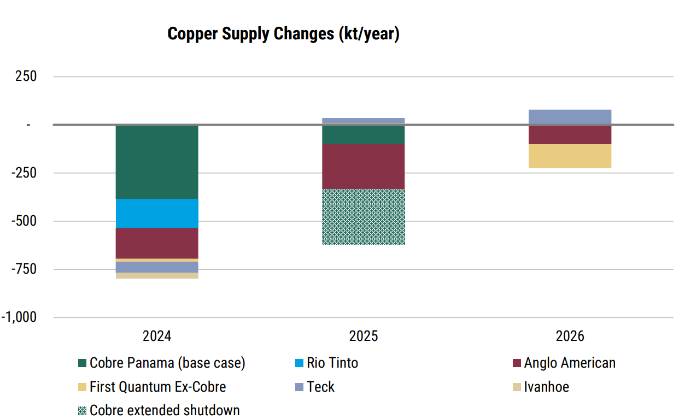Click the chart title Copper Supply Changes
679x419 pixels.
click(x=283, y=34)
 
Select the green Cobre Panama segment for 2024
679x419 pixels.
click(x=157, y=162)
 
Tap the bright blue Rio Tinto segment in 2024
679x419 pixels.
click(x=157, y=213)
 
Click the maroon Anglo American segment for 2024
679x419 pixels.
click(x=157, y=243)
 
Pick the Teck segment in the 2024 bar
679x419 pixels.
click(x=157, y=267)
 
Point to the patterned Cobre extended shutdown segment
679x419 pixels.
click(x=364, y=217)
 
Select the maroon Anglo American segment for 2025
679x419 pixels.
click(x=364, y=166)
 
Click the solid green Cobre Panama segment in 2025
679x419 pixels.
click(x=364, y=135)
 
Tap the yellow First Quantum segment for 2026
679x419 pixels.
click(x=570, y=156)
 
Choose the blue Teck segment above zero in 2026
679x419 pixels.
click(x=570, y=117)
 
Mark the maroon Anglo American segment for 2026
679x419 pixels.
click(x=570, y=135)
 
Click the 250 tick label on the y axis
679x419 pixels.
click(x=26, y=76)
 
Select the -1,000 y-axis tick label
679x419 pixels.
click(x=19, y=317)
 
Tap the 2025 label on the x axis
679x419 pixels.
click(x=364, y=336)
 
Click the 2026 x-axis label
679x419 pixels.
click(x=570, y=336)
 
